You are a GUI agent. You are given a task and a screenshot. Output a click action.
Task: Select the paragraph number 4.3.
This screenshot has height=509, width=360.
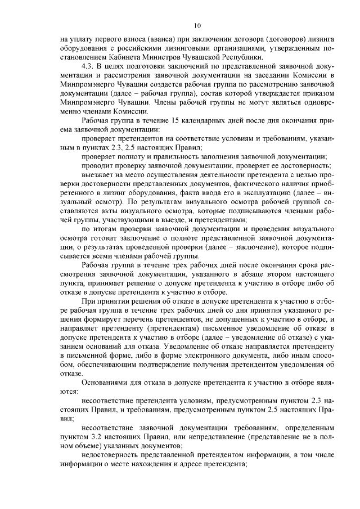tap(88, 66)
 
